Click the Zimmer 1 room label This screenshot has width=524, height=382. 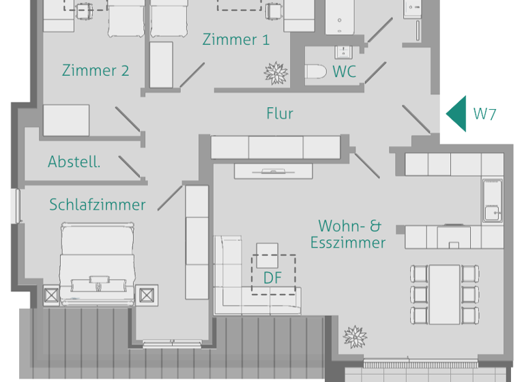pos(236,40)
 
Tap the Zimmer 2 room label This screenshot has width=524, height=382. pos(96,70)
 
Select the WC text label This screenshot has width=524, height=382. pos(345,72)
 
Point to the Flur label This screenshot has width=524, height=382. pos(280,113)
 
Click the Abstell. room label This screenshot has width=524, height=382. pos(74,162)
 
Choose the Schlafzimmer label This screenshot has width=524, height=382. pos(98,205)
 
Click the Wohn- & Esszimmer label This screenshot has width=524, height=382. pos(348,234)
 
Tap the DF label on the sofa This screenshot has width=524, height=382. pos(273,278)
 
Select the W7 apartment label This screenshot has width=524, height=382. pos(485,114)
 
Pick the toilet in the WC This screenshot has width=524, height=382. pos(316,71)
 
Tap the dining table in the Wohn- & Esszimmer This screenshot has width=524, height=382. pos(445,293)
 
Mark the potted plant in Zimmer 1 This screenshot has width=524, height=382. pos(276,72)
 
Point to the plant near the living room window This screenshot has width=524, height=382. pos(355,336)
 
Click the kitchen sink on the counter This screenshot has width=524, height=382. pos(492,201)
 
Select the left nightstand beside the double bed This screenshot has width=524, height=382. pos(52,296)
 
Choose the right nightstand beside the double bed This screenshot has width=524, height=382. pos(148,296)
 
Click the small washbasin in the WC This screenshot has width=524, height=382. pos(341,52)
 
